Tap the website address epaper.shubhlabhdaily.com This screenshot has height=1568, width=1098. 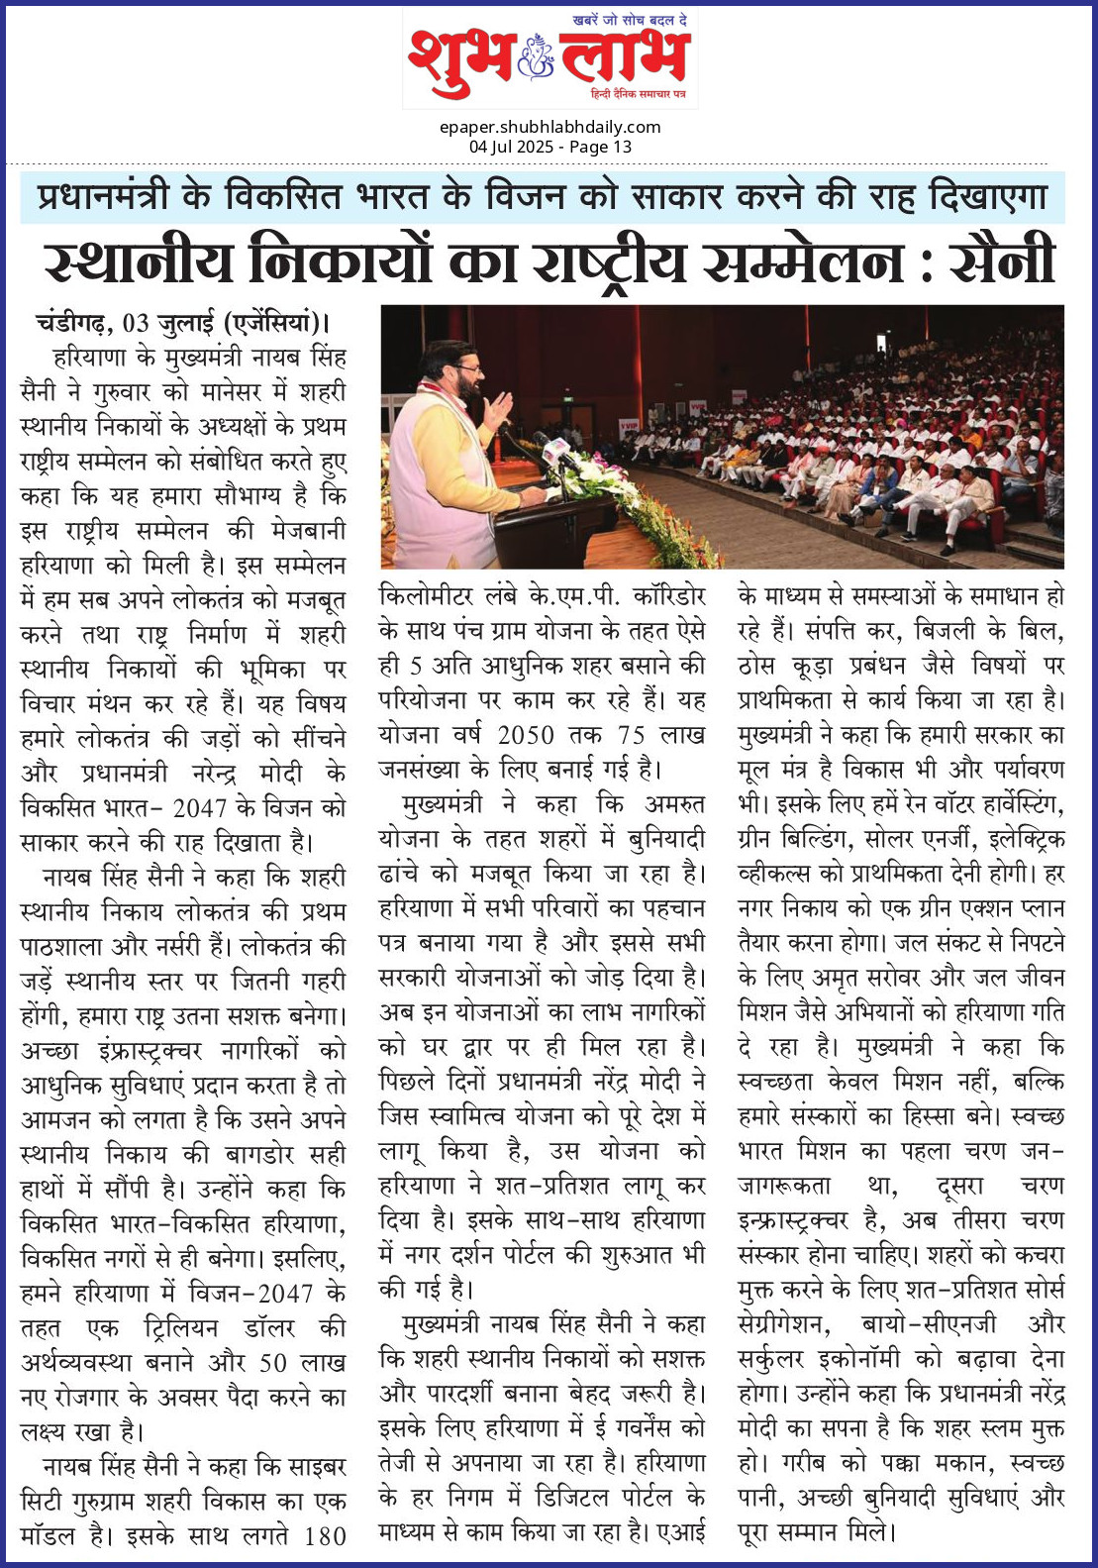click(x=549, y=127)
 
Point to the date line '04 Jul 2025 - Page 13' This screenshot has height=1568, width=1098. click(x=549, y=147)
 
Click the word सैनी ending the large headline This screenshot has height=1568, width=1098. click(x=1002, y=262)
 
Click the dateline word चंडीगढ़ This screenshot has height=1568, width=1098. click(x=69, y=323)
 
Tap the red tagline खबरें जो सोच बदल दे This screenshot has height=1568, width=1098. click(x=630, y=20)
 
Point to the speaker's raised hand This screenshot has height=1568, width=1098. click(x=500, y=407)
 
